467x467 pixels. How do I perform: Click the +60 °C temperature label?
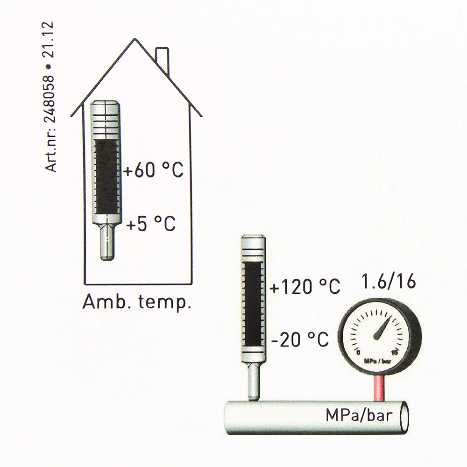tap(153, 170)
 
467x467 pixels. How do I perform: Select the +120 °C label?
tap(304, 287)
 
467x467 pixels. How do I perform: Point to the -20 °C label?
tap(300, 339)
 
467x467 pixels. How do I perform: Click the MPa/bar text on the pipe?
tap(359, 415)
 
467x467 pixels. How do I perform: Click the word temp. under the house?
tap(164, 303)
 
